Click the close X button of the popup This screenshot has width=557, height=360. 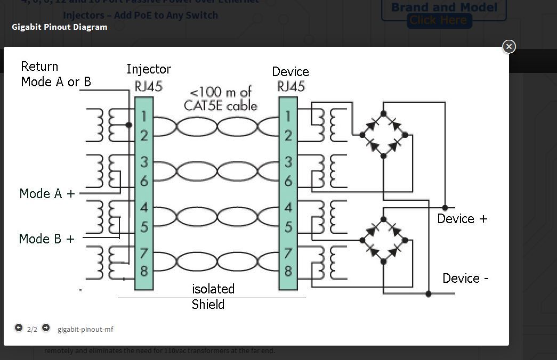pos(509,47)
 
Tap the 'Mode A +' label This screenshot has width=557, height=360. pos(47,194)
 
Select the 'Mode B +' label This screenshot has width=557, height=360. pos(46,239)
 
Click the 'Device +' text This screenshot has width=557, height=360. pos(462,219)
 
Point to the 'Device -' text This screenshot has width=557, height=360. pos(465,279)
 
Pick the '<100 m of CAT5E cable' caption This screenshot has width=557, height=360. pos(220,99)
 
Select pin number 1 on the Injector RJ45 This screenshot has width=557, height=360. pos(144,117)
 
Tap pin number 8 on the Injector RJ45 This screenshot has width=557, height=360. pos(144,271)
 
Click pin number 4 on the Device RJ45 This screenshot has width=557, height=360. pos(288,208)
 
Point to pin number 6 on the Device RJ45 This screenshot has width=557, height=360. pos(288,181)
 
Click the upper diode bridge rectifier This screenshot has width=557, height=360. pos(383,134)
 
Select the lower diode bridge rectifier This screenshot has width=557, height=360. pos(383,240)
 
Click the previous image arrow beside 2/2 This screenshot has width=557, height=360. pos(19,328)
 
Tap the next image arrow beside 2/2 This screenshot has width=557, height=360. pos(46,328)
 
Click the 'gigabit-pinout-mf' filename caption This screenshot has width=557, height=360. pos(85,329)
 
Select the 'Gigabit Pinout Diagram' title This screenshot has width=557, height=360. pos(59,27)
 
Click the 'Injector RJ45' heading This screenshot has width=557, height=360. pos(148,78)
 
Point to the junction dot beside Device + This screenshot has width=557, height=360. pos(445,208)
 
